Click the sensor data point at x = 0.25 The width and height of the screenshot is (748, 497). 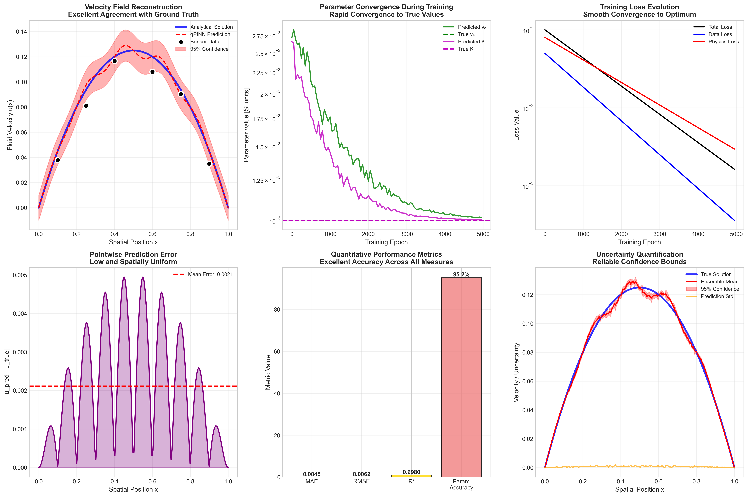pos(86,105)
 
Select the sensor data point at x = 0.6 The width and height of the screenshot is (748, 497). pos(152,72)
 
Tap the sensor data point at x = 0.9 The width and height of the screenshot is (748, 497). pos(209,164)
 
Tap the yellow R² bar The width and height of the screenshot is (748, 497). pos(411,476)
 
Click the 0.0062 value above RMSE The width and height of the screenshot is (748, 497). pos(362,474)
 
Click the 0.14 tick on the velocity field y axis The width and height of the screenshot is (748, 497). pos(22,32)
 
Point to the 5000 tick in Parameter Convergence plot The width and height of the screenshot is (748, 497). pos(483,234)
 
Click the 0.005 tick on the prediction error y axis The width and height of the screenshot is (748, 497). pos(20,275)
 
